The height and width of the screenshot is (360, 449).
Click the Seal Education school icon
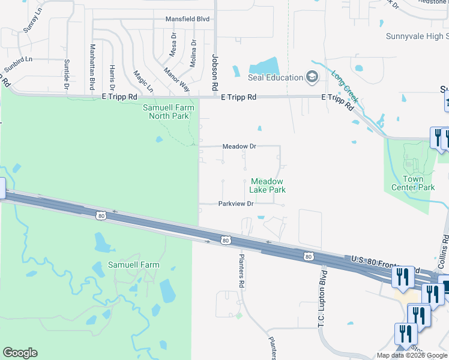tap(312, 77)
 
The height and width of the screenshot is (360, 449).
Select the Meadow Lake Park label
tap(268, 185)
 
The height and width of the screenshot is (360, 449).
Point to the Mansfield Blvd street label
tap(188, 19)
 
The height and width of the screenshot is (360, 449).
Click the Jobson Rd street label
tap(214, 69)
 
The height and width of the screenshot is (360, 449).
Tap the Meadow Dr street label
tap(239, 146)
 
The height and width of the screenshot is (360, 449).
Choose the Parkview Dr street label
tap(237, 203)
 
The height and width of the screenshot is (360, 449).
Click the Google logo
tap(20, 353)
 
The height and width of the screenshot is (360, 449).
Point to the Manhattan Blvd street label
tap(92, 66)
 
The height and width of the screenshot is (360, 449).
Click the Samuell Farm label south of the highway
tap(125, 265)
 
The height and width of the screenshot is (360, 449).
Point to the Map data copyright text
tap(412, 355)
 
